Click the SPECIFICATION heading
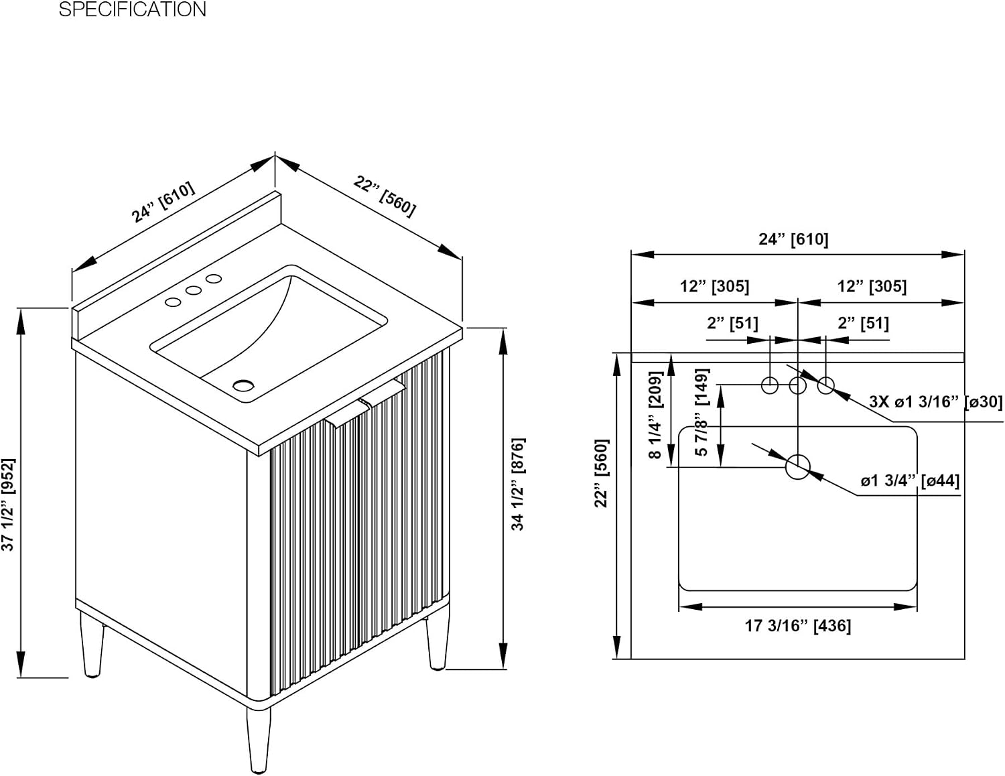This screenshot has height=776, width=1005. tap(132, 9)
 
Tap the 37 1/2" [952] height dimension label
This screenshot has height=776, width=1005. tap(9, 505)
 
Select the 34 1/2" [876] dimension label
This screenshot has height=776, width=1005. tap(518, 484)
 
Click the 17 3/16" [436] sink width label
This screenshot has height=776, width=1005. tap(798, 626)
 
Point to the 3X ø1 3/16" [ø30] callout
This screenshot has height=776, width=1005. tap(936, 401)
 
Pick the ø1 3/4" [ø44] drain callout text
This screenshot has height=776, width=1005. tap(910, 480)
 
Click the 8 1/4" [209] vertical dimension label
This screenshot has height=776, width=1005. tap(655, 422)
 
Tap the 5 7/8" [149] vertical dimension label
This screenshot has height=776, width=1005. tap(701, 412)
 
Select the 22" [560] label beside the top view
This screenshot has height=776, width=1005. tap(601, 473)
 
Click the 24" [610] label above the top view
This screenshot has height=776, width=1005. tap(794, 239)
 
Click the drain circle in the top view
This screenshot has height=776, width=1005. tap(798, 466)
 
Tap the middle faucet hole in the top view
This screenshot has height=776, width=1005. tap(798, 385)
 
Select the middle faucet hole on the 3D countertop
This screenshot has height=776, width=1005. tap(194, 290)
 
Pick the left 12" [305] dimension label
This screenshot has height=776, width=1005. tap(714, 286)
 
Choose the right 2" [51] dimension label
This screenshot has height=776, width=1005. tap(864, 323)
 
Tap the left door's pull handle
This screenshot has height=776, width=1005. tap(348, 415)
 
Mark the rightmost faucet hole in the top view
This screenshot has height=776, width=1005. tap(826, 385)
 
